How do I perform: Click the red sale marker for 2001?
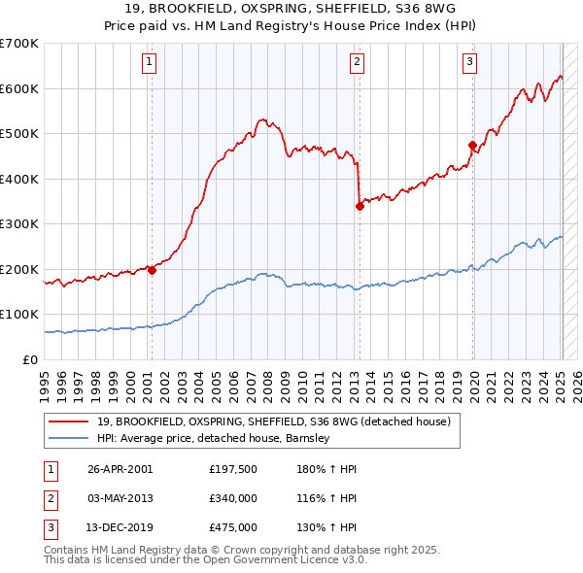pyautogui.click(x=152, y=271)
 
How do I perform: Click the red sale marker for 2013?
pyautogui.click(x=360, y=206)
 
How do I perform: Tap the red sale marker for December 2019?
pyautogui.click(x=473, y=146)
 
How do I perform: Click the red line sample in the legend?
pyautogui.click(x=69, y=422)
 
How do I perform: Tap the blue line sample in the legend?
pyautogui.click(x=69, y=438)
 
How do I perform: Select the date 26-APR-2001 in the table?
pyautogui.click(x=120, y=469)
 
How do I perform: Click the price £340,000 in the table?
pyautogui.click(x=233, y=498)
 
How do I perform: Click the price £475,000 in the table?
pyautogui.click(x=233, y=527)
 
